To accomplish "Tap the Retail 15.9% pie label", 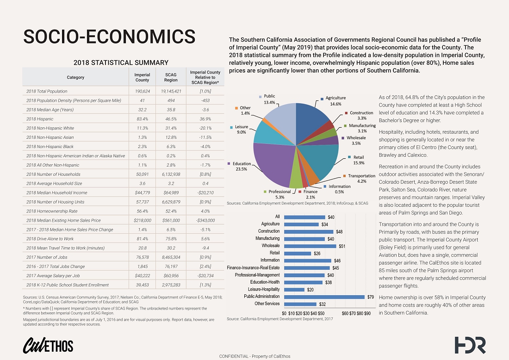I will tap(358, 160).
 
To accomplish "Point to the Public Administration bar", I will tap(324, 297).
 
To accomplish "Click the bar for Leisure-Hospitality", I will tap(294, 289).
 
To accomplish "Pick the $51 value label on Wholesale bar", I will tap(342, 246).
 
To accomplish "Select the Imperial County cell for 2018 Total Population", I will tap(142, 91).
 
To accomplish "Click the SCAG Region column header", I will tap(171, 77).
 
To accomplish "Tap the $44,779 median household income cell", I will tap(142, 192).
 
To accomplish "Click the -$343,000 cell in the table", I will tap(204, 220).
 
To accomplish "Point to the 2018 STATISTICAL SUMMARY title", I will tap(121, 62).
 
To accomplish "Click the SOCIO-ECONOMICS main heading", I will tap(109, 37).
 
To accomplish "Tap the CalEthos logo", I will tap(48, 345).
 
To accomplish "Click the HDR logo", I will tap(470, 345).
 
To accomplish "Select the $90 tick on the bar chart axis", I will tap(367, 313).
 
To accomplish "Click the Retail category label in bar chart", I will tap(274, 253).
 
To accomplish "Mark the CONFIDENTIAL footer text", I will tap(254, 356).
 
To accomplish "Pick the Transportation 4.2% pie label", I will tap(361, 179).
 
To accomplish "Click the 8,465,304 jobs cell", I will tap(171, 257).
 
